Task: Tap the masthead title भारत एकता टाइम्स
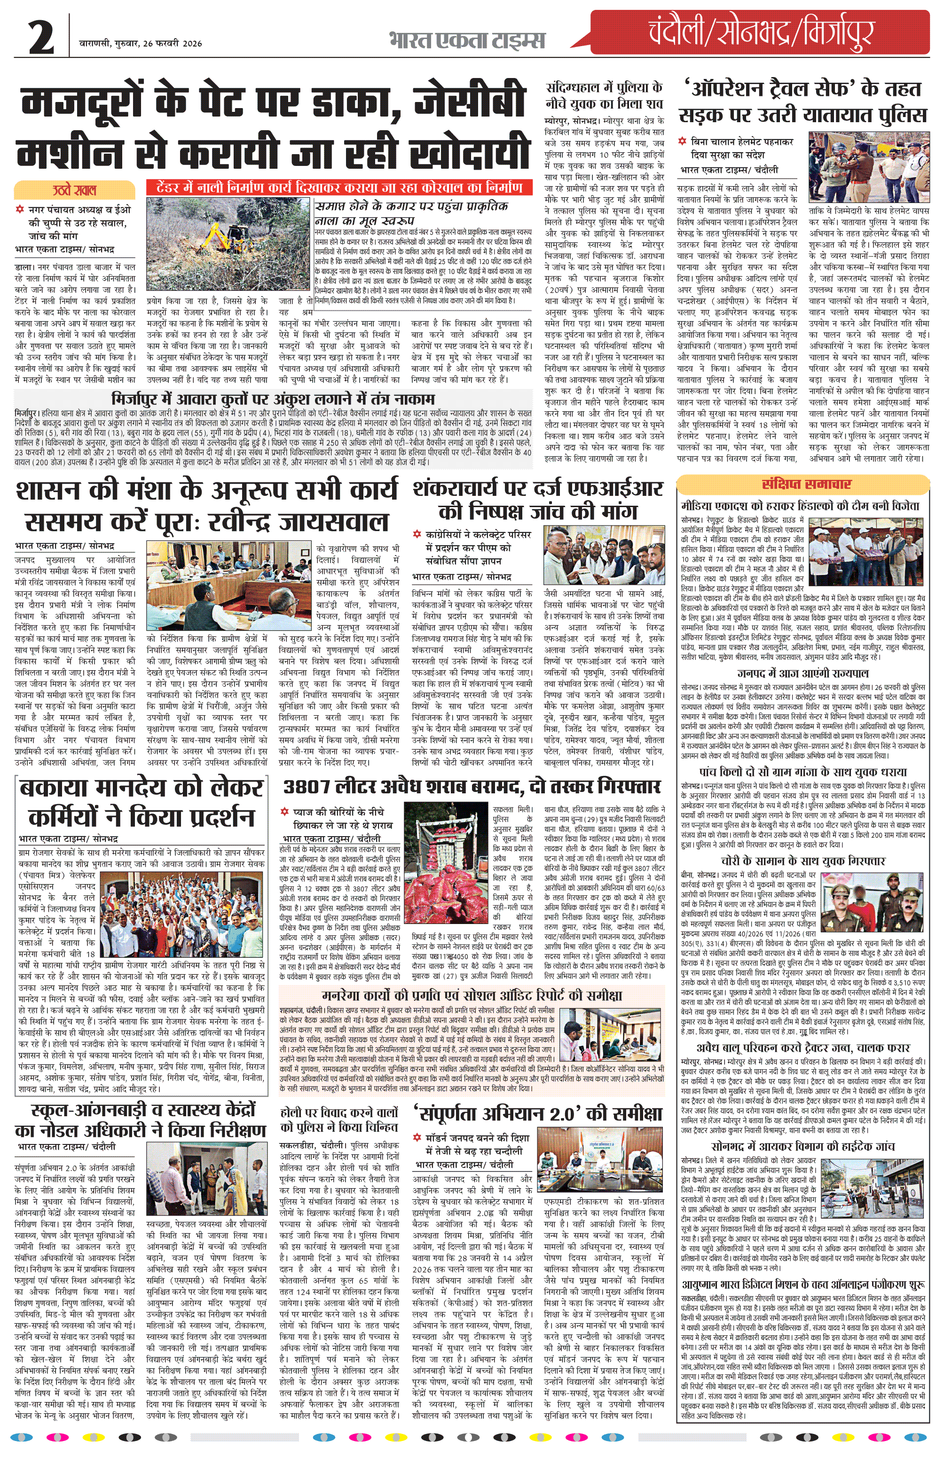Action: coord(466,41)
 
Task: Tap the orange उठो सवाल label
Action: coord(74,190)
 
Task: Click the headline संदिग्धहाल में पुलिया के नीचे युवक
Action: coord(604,95)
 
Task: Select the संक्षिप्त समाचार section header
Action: coord(806,484)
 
